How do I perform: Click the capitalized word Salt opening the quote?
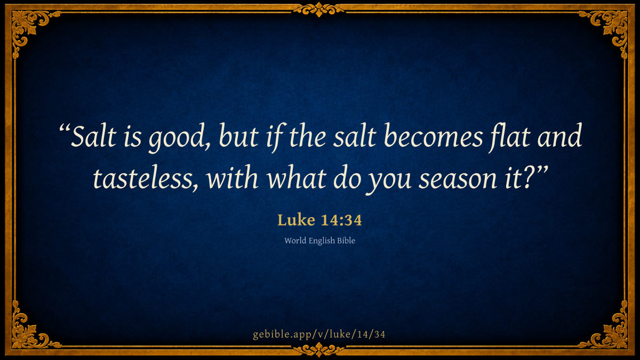(x=94, y=136)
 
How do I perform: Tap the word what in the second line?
(x=297, y=178)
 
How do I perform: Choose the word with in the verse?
(x=233, y=178)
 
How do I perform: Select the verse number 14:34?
(x=341, y=220)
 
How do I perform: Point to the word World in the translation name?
(x=295, y=241)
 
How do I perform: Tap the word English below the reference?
(x=322, y=241)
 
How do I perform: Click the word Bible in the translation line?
(x=346, y=241)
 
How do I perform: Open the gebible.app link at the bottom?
(x=319, y=334)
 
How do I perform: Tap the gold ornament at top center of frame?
(x=319, y=10)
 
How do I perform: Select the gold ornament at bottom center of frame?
(x=319, y=349)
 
